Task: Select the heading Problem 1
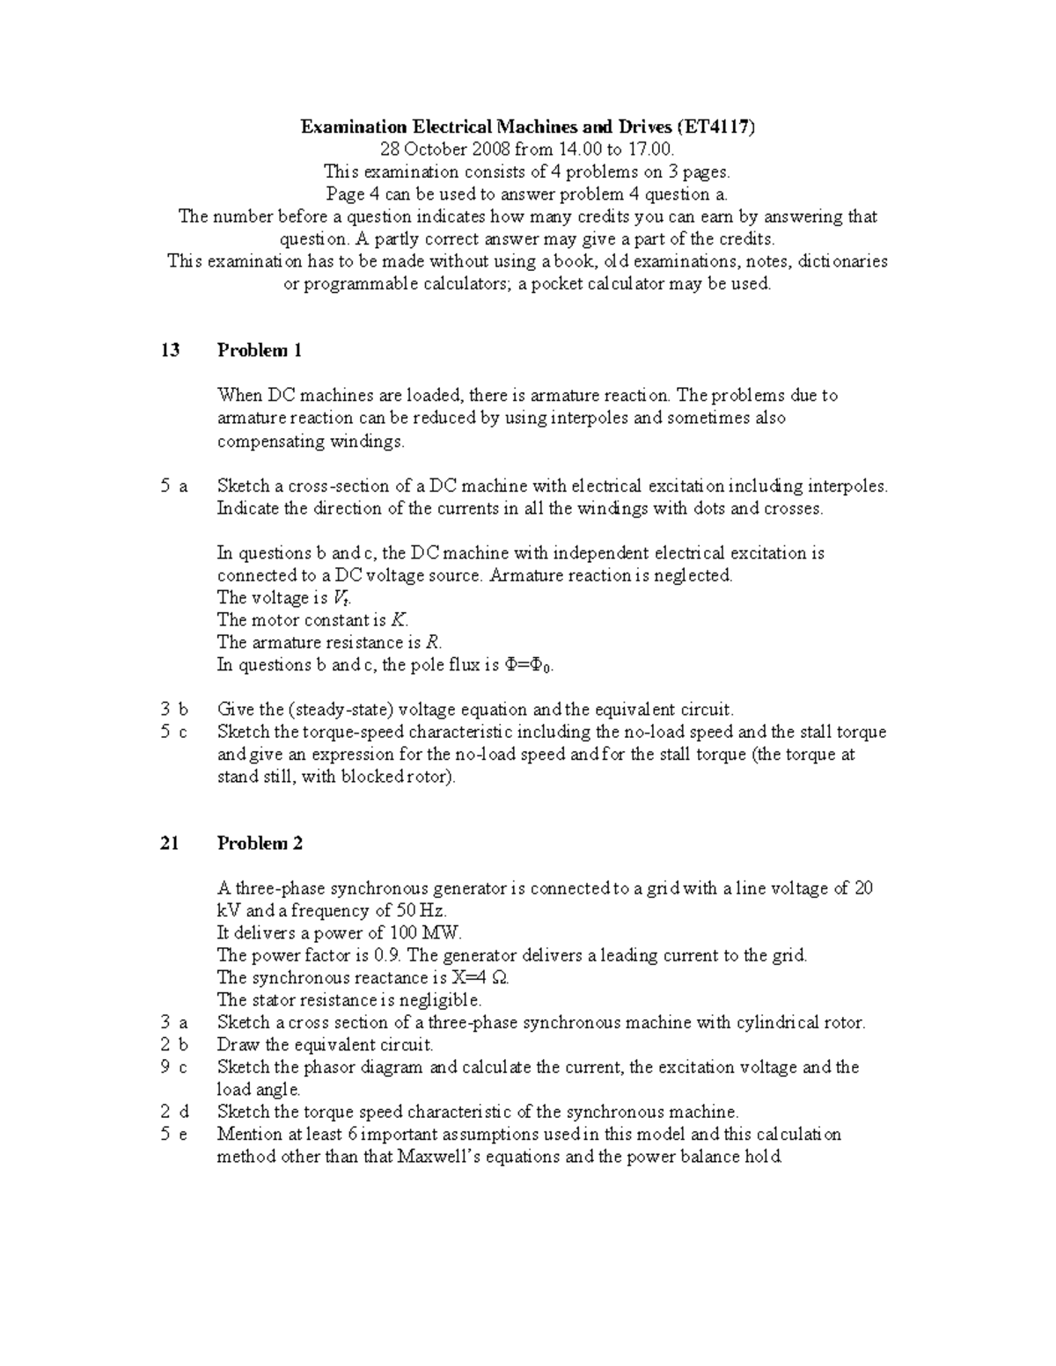260,351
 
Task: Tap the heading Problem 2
260,844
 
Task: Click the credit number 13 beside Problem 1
170,351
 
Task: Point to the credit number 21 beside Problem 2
170,844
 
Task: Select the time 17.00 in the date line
651,150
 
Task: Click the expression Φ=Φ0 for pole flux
529,665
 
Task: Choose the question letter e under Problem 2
183,1135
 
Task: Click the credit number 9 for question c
165,1068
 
